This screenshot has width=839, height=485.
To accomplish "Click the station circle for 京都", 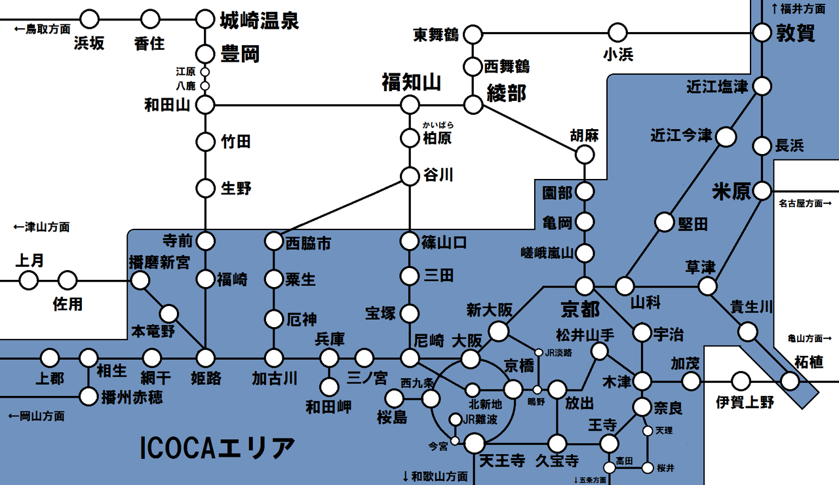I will [585, 286].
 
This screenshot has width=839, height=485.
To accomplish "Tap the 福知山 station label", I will [411, 83].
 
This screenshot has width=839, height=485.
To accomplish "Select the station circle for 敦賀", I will [762, 32].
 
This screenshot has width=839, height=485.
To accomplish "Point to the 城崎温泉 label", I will [259, 20].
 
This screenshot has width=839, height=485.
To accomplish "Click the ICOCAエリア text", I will [218, 449].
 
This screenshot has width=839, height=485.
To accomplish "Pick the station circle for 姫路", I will [206, 358].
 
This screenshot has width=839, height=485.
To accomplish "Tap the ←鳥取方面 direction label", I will [43, 29].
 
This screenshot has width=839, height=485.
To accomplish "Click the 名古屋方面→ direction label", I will [804, 204].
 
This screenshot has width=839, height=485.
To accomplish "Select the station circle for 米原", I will [762, 191].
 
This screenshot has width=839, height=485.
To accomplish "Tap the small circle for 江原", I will [205, 71].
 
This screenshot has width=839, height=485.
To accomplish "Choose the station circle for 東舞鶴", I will [473, 33].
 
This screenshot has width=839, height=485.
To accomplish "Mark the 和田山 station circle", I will [206, 104].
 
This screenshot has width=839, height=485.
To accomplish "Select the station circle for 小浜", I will [617, 32].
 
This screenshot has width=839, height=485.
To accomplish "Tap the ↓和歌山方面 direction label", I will [435, 476].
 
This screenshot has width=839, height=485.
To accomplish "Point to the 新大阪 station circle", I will [499, 332].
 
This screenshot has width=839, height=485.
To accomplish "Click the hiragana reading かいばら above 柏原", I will [439, 125].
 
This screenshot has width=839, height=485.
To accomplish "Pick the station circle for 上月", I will [29, 281].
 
